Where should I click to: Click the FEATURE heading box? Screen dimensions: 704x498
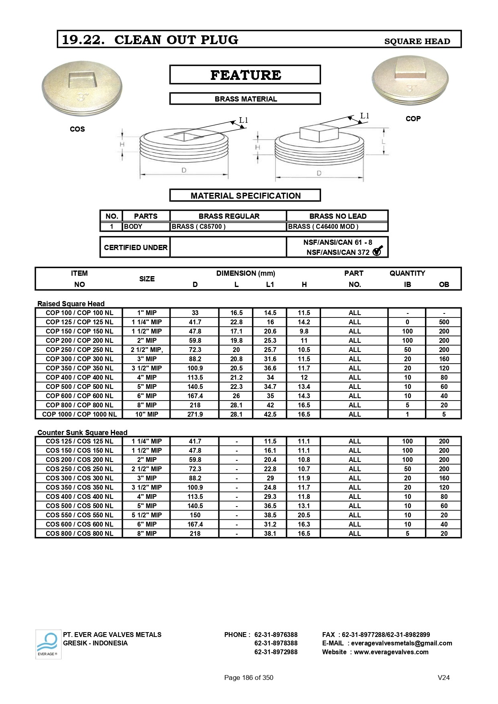click(x=245, y=75)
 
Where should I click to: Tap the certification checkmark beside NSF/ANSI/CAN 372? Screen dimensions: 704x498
click(x=378, y=251)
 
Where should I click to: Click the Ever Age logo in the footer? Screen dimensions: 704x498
click(x=48, y=644)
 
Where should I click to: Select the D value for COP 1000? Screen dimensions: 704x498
click(x=195, y=414)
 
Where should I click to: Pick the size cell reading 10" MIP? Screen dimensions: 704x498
click(x=146, y=414)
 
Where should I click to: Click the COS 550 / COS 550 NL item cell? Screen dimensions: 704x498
click(x=79, y=515)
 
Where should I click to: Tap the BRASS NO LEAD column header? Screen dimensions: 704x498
click(x=337, y=216)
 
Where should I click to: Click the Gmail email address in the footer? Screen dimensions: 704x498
click(x=401, y=643)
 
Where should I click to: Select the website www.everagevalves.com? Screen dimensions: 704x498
click(x=391, y=652)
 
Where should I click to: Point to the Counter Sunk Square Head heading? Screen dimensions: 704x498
click(x=82, y=432)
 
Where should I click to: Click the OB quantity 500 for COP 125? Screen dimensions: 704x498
click(x=444, y=322)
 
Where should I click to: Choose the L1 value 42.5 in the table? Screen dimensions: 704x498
click(x=270, y=414)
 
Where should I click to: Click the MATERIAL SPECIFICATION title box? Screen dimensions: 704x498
click(x=245, y=195)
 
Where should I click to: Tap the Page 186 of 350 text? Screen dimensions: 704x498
click(x=248, y=678)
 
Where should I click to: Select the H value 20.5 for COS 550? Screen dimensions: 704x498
click(x=304, y=515)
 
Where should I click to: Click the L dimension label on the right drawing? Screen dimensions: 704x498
click(x=384, y=142)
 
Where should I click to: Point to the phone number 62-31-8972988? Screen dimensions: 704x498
click(x=276, y=652)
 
